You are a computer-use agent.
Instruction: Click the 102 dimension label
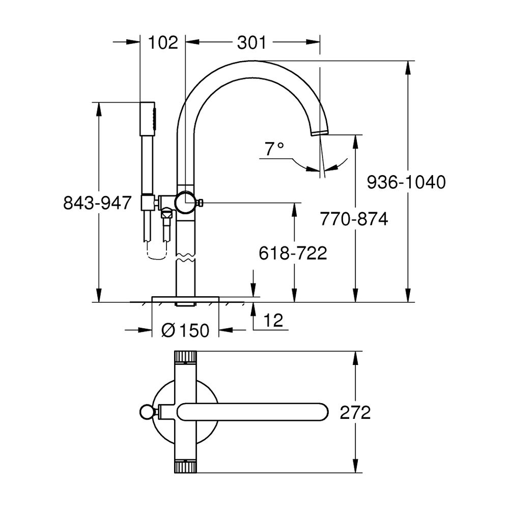click(163, 43)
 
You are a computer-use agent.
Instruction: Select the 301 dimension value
click(251, 43)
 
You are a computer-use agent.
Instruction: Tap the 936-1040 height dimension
click(406, 182)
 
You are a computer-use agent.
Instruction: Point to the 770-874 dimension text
click(354, 219)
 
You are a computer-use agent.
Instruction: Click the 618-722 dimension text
click(293, 253)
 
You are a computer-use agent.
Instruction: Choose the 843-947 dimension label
click(97, 203)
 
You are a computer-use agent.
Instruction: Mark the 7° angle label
click(274, 149)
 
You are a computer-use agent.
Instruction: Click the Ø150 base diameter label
click(185, 330)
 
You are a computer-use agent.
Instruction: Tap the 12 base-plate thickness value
click(273, 320)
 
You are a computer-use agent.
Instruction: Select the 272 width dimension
click(355, 413)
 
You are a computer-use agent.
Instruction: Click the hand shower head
click(148, 119)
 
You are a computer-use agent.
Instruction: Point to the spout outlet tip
click(320, 132)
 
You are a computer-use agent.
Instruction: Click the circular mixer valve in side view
click(185, 203)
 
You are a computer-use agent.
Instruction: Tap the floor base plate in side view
click(185, 299)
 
